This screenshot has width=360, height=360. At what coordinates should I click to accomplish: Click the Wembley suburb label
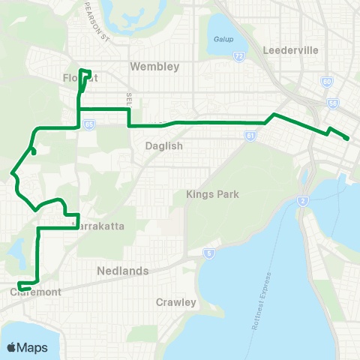[155, 67]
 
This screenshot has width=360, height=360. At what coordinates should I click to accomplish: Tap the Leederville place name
[291, 51]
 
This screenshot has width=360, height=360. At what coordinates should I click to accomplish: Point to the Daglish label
[161, 147]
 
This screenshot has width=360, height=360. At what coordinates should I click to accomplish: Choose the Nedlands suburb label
[122, 270]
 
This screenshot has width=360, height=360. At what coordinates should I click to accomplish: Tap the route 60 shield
[326, 81]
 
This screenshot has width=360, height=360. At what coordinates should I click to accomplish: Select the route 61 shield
[250, 136]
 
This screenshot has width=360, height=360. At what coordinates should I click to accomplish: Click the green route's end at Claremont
[20, 288]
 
